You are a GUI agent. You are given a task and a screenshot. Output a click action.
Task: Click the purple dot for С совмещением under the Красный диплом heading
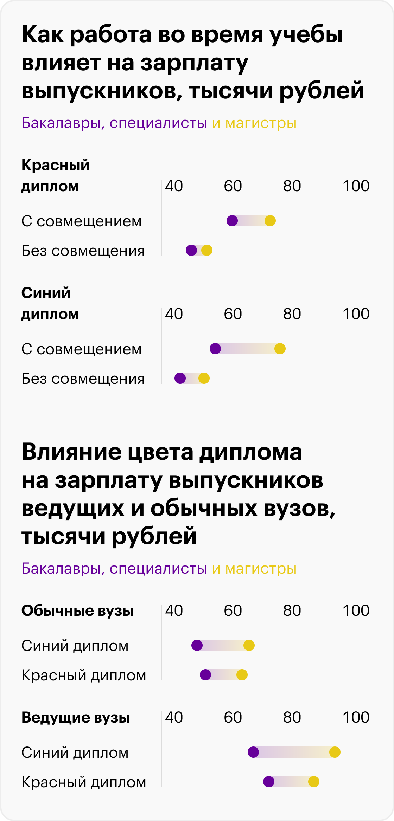pos(232,221)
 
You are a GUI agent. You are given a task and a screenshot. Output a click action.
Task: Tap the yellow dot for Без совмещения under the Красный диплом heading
pos(207,250)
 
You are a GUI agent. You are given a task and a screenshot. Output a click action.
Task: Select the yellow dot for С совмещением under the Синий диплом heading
pos(280,349)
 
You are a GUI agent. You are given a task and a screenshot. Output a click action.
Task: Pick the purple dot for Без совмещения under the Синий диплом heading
pos(180,378)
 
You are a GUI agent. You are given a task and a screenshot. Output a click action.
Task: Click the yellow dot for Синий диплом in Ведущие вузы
pos(335,752)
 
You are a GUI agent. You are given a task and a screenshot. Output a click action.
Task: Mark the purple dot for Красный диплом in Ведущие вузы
pos(269,782)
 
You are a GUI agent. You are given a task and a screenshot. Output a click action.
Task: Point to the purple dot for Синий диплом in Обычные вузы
pos(197,645)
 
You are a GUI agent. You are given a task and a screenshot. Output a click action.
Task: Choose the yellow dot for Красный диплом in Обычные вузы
pos(242,675)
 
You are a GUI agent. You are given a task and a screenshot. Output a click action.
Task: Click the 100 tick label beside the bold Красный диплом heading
pos(356,186)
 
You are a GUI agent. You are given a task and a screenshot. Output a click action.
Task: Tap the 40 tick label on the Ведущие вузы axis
pos(174,717)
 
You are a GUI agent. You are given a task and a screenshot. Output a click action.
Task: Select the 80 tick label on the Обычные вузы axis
pos(292,610)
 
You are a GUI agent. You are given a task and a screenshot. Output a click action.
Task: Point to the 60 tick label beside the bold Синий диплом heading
pos(233,314)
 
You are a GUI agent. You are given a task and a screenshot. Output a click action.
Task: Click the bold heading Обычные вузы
pos(77,610)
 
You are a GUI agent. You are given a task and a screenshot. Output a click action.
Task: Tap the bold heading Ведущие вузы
pos(76,717)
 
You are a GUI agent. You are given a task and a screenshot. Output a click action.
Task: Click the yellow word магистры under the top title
pos(261,123)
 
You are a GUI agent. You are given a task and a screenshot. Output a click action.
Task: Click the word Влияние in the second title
pos(71,452)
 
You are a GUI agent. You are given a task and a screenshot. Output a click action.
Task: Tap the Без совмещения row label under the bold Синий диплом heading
pos(83,379)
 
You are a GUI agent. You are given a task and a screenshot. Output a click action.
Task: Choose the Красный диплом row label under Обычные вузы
pos(84,675)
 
